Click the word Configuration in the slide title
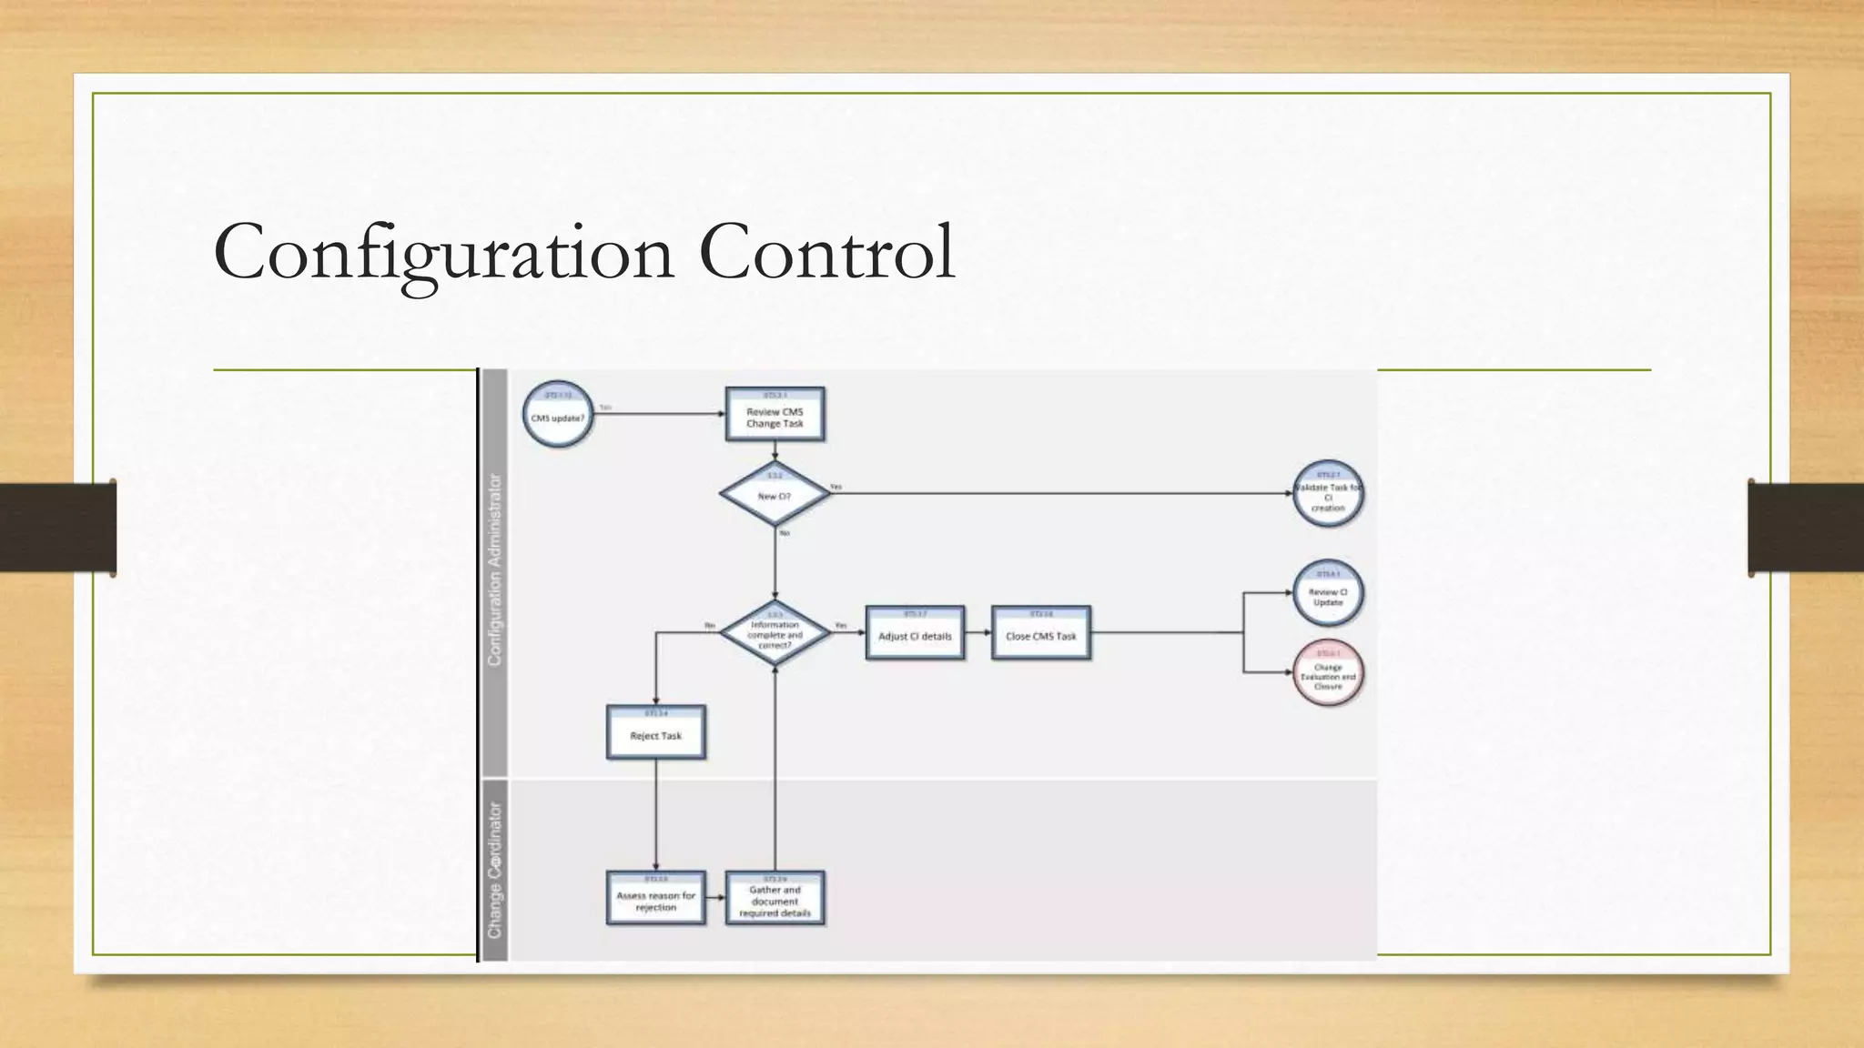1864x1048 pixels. [444, 253]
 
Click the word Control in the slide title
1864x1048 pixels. [826, 251]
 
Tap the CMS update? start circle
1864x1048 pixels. [558, 415]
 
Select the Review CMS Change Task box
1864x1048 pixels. [775, 415]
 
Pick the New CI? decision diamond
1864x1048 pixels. [775, 494]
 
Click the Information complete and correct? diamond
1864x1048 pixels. [775, 633]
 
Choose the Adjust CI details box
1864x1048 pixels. [915, 633]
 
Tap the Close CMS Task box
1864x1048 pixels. [1040, 633]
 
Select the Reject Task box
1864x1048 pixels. [655, 732]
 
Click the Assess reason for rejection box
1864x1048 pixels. [655, 898]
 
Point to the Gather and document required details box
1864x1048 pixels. [775, 898]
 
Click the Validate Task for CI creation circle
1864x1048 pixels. [1328, 494]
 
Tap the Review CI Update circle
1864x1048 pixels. [1328, 594]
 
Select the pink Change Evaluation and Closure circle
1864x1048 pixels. [1328, 673]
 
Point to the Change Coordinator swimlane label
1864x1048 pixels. [495, 870]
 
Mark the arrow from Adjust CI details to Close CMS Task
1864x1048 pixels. [978, 633]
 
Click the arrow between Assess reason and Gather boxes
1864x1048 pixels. [715, 898]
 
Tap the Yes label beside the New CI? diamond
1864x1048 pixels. [836, 487]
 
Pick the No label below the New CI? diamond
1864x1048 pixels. [785, 533]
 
